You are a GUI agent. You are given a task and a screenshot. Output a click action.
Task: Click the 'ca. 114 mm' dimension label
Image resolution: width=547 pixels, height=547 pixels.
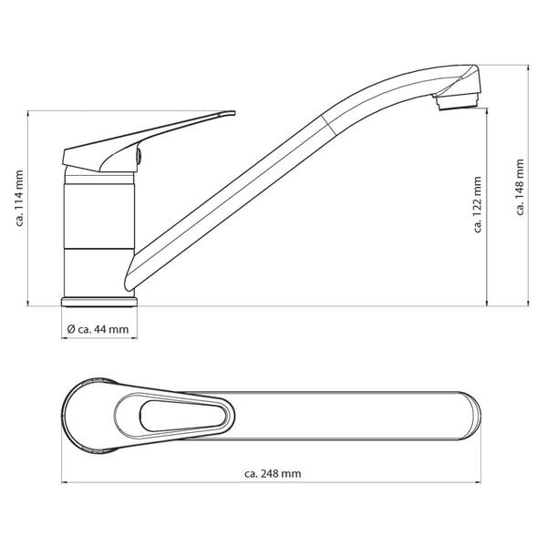coord(19,208)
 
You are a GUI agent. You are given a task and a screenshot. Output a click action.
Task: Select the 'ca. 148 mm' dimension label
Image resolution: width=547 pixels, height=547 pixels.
coord(520,188)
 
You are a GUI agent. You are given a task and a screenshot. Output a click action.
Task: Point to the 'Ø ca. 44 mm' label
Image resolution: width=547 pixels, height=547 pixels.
coord(98,329)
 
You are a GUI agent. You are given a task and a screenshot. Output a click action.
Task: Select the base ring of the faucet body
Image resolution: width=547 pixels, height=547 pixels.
coord(99,301)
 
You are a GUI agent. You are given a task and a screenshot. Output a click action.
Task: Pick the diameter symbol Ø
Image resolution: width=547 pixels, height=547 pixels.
coord(71,329)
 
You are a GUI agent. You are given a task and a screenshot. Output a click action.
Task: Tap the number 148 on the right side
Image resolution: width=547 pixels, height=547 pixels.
coord(520,181)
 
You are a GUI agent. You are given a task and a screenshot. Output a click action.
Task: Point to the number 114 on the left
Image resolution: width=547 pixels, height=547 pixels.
coord(19,201)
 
